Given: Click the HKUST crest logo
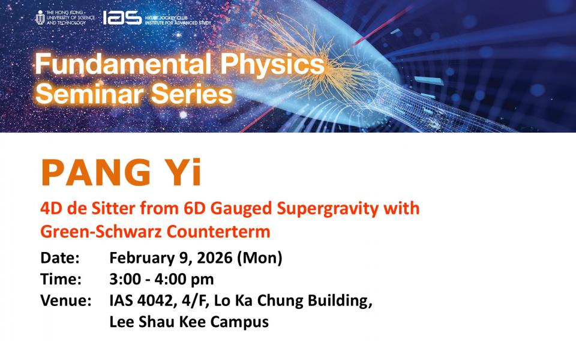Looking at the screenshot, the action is (40, 17).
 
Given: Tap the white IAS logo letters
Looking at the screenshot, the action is (122, 17).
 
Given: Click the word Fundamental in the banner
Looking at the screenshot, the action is (123, 64).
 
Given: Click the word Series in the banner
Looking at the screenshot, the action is (192, 94).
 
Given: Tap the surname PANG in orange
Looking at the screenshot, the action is (96, 172).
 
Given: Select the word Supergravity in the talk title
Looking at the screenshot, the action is (328, 209).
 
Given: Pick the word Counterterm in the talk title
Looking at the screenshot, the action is (218, 232).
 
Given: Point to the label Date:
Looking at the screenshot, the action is (60, 257).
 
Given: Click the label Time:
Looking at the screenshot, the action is (61, 279).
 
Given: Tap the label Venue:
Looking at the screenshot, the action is (66, 301).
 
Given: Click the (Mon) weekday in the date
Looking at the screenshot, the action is (260, 258).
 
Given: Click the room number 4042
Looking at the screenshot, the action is (155, 301).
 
